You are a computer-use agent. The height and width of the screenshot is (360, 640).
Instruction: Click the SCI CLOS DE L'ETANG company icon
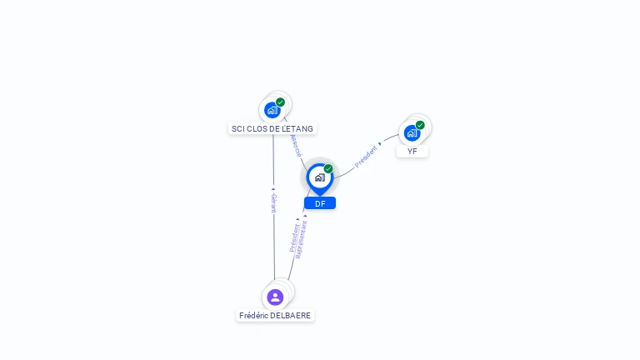(272, 110)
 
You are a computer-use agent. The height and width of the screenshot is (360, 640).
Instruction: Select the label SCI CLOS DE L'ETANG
(272, 129)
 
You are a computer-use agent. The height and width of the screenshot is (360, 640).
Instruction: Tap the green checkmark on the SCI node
(281, 102)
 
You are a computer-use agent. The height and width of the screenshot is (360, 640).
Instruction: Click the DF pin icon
(319, 177)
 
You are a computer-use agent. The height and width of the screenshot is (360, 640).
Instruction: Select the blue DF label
(320, 203)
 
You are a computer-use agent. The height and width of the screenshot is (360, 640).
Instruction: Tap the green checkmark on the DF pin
(328, 169)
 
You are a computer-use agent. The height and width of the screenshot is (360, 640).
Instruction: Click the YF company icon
(412, 132)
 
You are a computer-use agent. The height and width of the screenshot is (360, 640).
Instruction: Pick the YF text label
(412, 152)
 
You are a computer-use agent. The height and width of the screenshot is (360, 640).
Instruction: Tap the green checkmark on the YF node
(420, 125)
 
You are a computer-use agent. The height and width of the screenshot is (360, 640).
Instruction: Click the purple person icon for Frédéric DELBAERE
(275, 297)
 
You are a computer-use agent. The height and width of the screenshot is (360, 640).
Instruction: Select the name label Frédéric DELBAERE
(275, 316)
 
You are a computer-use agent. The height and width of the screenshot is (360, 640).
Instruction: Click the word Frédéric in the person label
(254, 316)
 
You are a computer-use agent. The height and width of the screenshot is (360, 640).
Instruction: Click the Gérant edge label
(273, 202)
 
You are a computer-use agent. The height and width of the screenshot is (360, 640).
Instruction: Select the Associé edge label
(295, 144)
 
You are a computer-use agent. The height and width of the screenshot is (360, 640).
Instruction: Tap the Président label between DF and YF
(367, 156)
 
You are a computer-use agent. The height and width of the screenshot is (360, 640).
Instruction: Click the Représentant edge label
(302, 238)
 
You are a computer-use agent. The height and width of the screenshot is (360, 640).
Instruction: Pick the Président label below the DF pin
(294, 237)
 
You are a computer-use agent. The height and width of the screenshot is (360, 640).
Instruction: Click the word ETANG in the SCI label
(299, 129)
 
